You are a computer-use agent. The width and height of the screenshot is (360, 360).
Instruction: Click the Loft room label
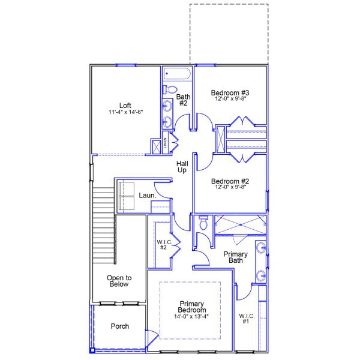pyautogui.click(x=125, y=105)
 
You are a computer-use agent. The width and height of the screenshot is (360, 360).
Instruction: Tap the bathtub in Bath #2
pyautogui.click(x=176, y=74)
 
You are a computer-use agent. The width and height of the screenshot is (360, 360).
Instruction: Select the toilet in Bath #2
pyautogui.click(x=169, y=90)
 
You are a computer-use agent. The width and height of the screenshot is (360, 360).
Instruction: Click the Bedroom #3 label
pyautogui.click(x=230, y=92)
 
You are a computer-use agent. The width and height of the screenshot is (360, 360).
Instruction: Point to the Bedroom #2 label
pyautogui.click(x=230, y=181)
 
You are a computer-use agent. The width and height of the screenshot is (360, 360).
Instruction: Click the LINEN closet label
pyautogui.click(x=164, y=144)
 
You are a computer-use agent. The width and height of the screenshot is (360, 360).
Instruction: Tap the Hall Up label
pyautogui.click(x=182, y=167)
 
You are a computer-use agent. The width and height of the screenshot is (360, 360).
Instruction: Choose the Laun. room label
pyautogui.click(x=148, y=195)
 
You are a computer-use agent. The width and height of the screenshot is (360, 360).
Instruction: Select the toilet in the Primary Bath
pyautogui.click(x=203, y=224)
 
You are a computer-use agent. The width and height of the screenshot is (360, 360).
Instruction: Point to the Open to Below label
pyautogui.click(x=119, y=281)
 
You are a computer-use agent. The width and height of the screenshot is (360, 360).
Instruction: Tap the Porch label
pyautogui.click(x=119, y=326)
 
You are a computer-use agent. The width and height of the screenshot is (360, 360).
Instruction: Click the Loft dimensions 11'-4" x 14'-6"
pyautogui.click(x=125, y=113)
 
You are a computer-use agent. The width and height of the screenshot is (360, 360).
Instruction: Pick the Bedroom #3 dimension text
pyautogui.click(x=230, y=100)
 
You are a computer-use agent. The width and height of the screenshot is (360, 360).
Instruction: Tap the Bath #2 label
pyautogui.click(x=183, y=100)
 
